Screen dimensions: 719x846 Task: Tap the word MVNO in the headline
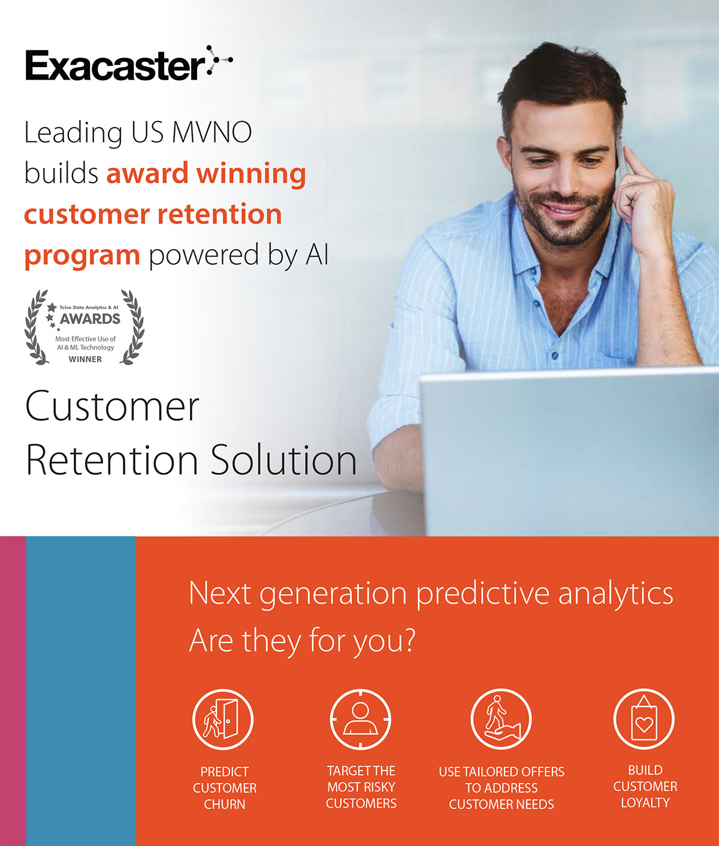pos(212,132)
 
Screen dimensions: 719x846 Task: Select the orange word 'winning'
pos(251,174)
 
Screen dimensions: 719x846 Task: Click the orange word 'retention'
pos(220,214)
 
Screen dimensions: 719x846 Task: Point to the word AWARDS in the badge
pos(90,319)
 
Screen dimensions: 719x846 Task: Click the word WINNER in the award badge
pos(85,359)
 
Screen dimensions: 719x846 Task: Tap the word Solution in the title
pos(283,460)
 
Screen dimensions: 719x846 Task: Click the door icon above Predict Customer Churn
pos(223,719)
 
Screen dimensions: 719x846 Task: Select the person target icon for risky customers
pos(361,719)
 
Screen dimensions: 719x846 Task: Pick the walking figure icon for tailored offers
pos(501,719)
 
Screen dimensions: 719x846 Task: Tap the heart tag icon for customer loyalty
pos(644,719)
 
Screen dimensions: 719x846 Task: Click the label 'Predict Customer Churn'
pos(225,788)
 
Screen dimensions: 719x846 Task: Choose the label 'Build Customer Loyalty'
pos(645,786)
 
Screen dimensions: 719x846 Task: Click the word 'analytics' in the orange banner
pos(616,594)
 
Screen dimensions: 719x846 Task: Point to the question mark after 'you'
pos(409,639)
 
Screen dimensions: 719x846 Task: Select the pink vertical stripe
pos(13,691)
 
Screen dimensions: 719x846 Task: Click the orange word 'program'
pos(82,256)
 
